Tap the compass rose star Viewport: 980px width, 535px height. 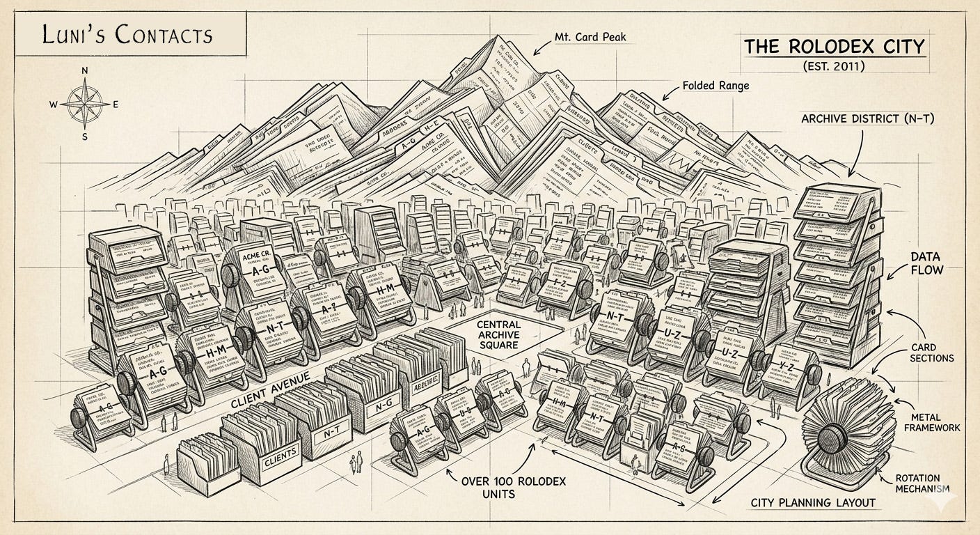click(x=84, y=104)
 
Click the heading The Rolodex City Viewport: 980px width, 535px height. click(x=835, y=47)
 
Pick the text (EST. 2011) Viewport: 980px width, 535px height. click(x=835, y=68)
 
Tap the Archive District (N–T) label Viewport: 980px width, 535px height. click(x=867, y=118)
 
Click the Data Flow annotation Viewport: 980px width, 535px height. click(x=927, y=263)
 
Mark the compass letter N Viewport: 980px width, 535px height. click(x=85, y=70)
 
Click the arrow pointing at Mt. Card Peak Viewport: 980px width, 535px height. click(x=540, y=47)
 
